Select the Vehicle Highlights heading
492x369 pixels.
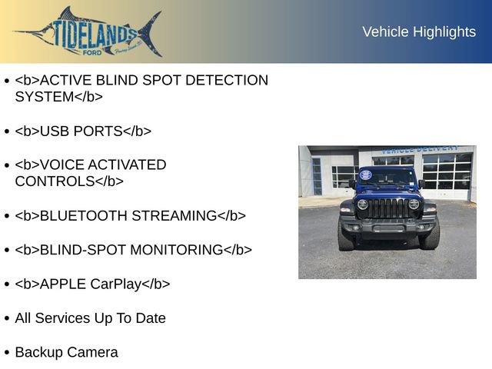(419, 32)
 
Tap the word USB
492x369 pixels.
(53, 131)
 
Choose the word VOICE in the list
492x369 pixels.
(61, 165)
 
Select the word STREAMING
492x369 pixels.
(175, 216)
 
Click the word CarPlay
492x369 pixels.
(116, 284)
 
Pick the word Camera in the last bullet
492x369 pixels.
(93, 353)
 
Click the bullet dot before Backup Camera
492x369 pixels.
(7, 353)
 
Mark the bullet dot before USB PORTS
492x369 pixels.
(7, 131)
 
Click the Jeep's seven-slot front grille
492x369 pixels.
(387, 208)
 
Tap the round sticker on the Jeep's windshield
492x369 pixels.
(366, 175)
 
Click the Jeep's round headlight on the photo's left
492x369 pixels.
(362, 204)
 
